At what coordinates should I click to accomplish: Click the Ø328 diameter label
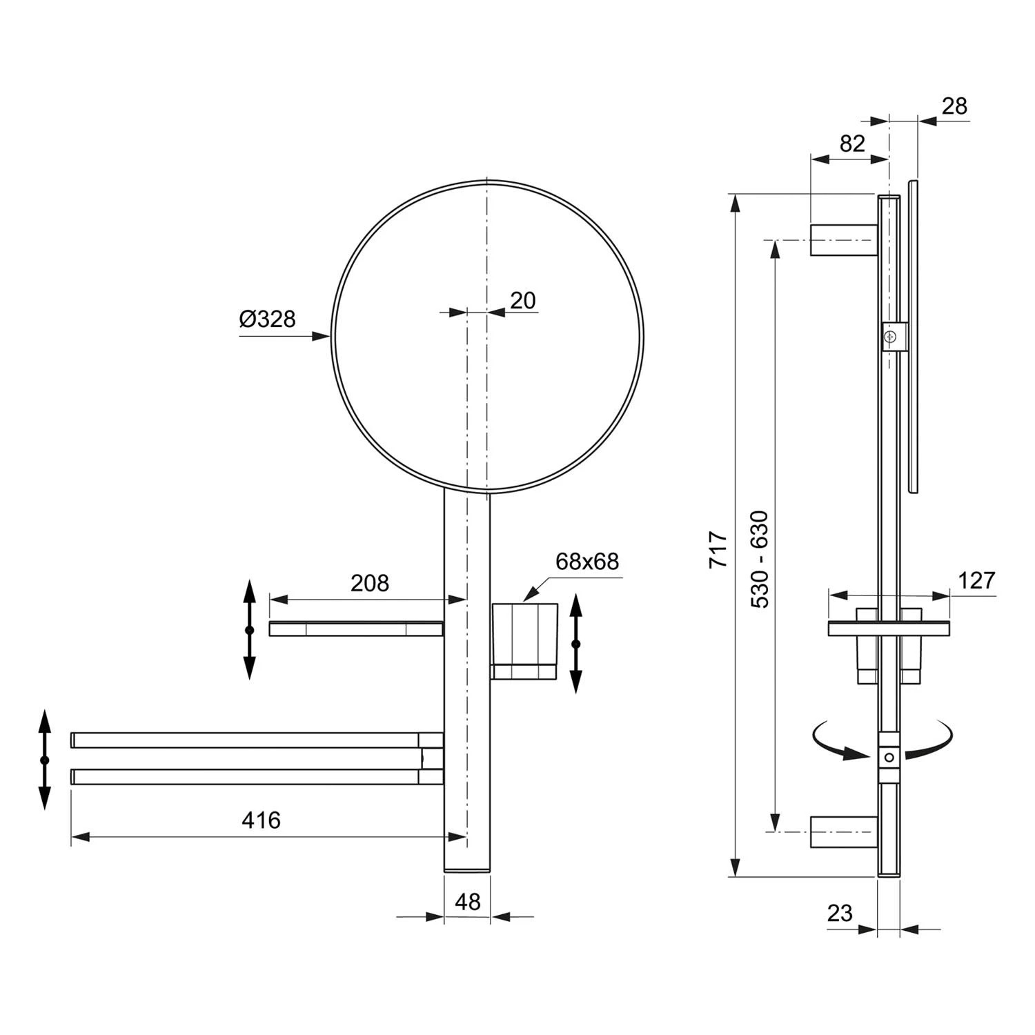tap(268, 319)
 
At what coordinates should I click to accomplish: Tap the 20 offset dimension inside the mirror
tap(523, 301)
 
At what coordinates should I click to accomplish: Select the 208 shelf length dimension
tap(370, 584)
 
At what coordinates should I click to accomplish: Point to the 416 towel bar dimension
tap(262, 820)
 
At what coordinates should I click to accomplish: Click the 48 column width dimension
tap(467, 902)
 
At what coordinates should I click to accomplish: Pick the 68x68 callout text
tap(587, 562)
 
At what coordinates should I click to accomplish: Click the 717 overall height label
tap(719, 549)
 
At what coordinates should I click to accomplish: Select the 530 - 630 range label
tap(760, 559)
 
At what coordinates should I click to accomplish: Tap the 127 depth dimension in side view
tap(976, 581)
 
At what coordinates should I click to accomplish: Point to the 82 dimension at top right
tap(852, 144)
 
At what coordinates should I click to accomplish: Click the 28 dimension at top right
tap(954, 106)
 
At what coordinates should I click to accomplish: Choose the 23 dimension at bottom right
tap(840, 913)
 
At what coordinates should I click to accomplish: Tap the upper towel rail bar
tap(248, 740)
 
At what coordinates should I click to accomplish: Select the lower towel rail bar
tap(248, 777)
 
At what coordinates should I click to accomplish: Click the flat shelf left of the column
tap(355, 629)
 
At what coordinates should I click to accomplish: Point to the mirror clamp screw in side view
tap(891, 336)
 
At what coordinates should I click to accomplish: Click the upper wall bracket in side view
tap(843, 240)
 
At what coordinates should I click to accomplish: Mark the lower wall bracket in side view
tap(843, 831)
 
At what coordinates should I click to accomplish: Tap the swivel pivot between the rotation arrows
tap(889, 757)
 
